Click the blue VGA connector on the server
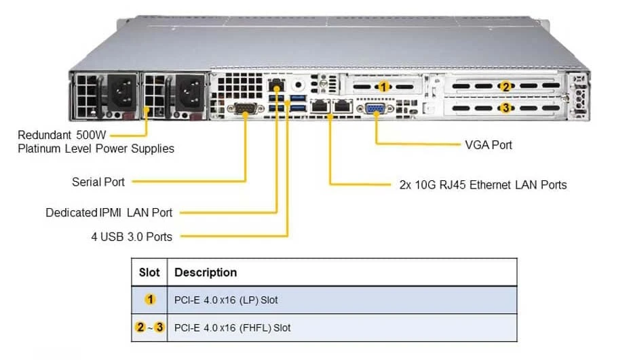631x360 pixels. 375,108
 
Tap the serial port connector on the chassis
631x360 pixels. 245,108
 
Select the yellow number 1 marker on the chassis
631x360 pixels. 384,87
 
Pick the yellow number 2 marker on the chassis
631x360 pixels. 506,86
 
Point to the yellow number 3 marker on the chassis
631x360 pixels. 506,108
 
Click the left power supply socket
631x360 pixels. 121,92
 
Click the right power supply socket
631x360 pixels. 190,92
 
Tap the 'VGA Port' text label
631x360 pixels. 488,145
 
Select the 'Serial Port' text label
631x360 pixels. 98,182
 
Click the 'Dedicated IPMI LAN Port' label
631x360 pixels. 109,212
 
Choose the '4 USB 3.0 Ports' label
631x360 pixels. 132,237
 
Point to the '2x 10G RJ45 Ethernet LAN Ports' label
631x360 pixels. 483,184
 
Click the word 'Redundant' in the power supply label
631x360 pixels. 44,135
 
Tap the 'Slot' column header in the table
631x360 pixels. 149,273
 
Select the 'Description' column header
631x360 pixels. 206,273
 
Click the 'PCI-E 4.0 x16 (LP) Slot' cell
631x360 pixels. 226,300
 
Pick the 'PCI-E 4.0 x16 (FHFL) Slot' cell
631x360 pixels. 232,327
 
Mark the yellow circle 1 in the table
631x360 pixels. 150,299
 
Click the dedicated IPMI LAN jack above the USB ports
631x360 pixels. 276,85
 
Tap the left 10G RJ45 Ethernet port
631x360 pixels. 320,106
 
